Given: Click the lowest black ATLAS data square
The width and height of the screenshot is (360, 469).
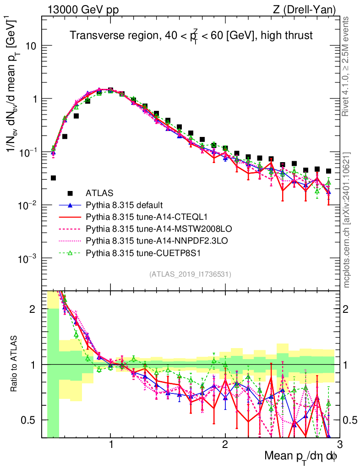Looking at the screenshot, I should point(53,178).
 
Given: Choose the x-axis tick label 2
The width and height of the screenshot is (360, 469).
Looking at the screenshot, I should point(225,445).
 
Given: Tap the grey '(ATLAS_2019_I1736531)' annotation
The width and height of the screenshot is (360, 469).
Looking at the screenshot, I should point(190,274).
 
